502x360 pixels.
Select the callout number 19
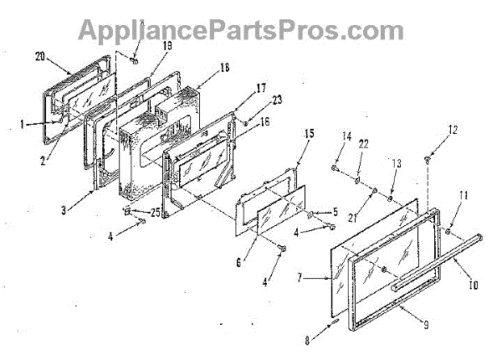pyautogui.click(x=166, y=48)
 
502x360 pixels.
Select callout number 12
pyautogui.click(x=453, y=130)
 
